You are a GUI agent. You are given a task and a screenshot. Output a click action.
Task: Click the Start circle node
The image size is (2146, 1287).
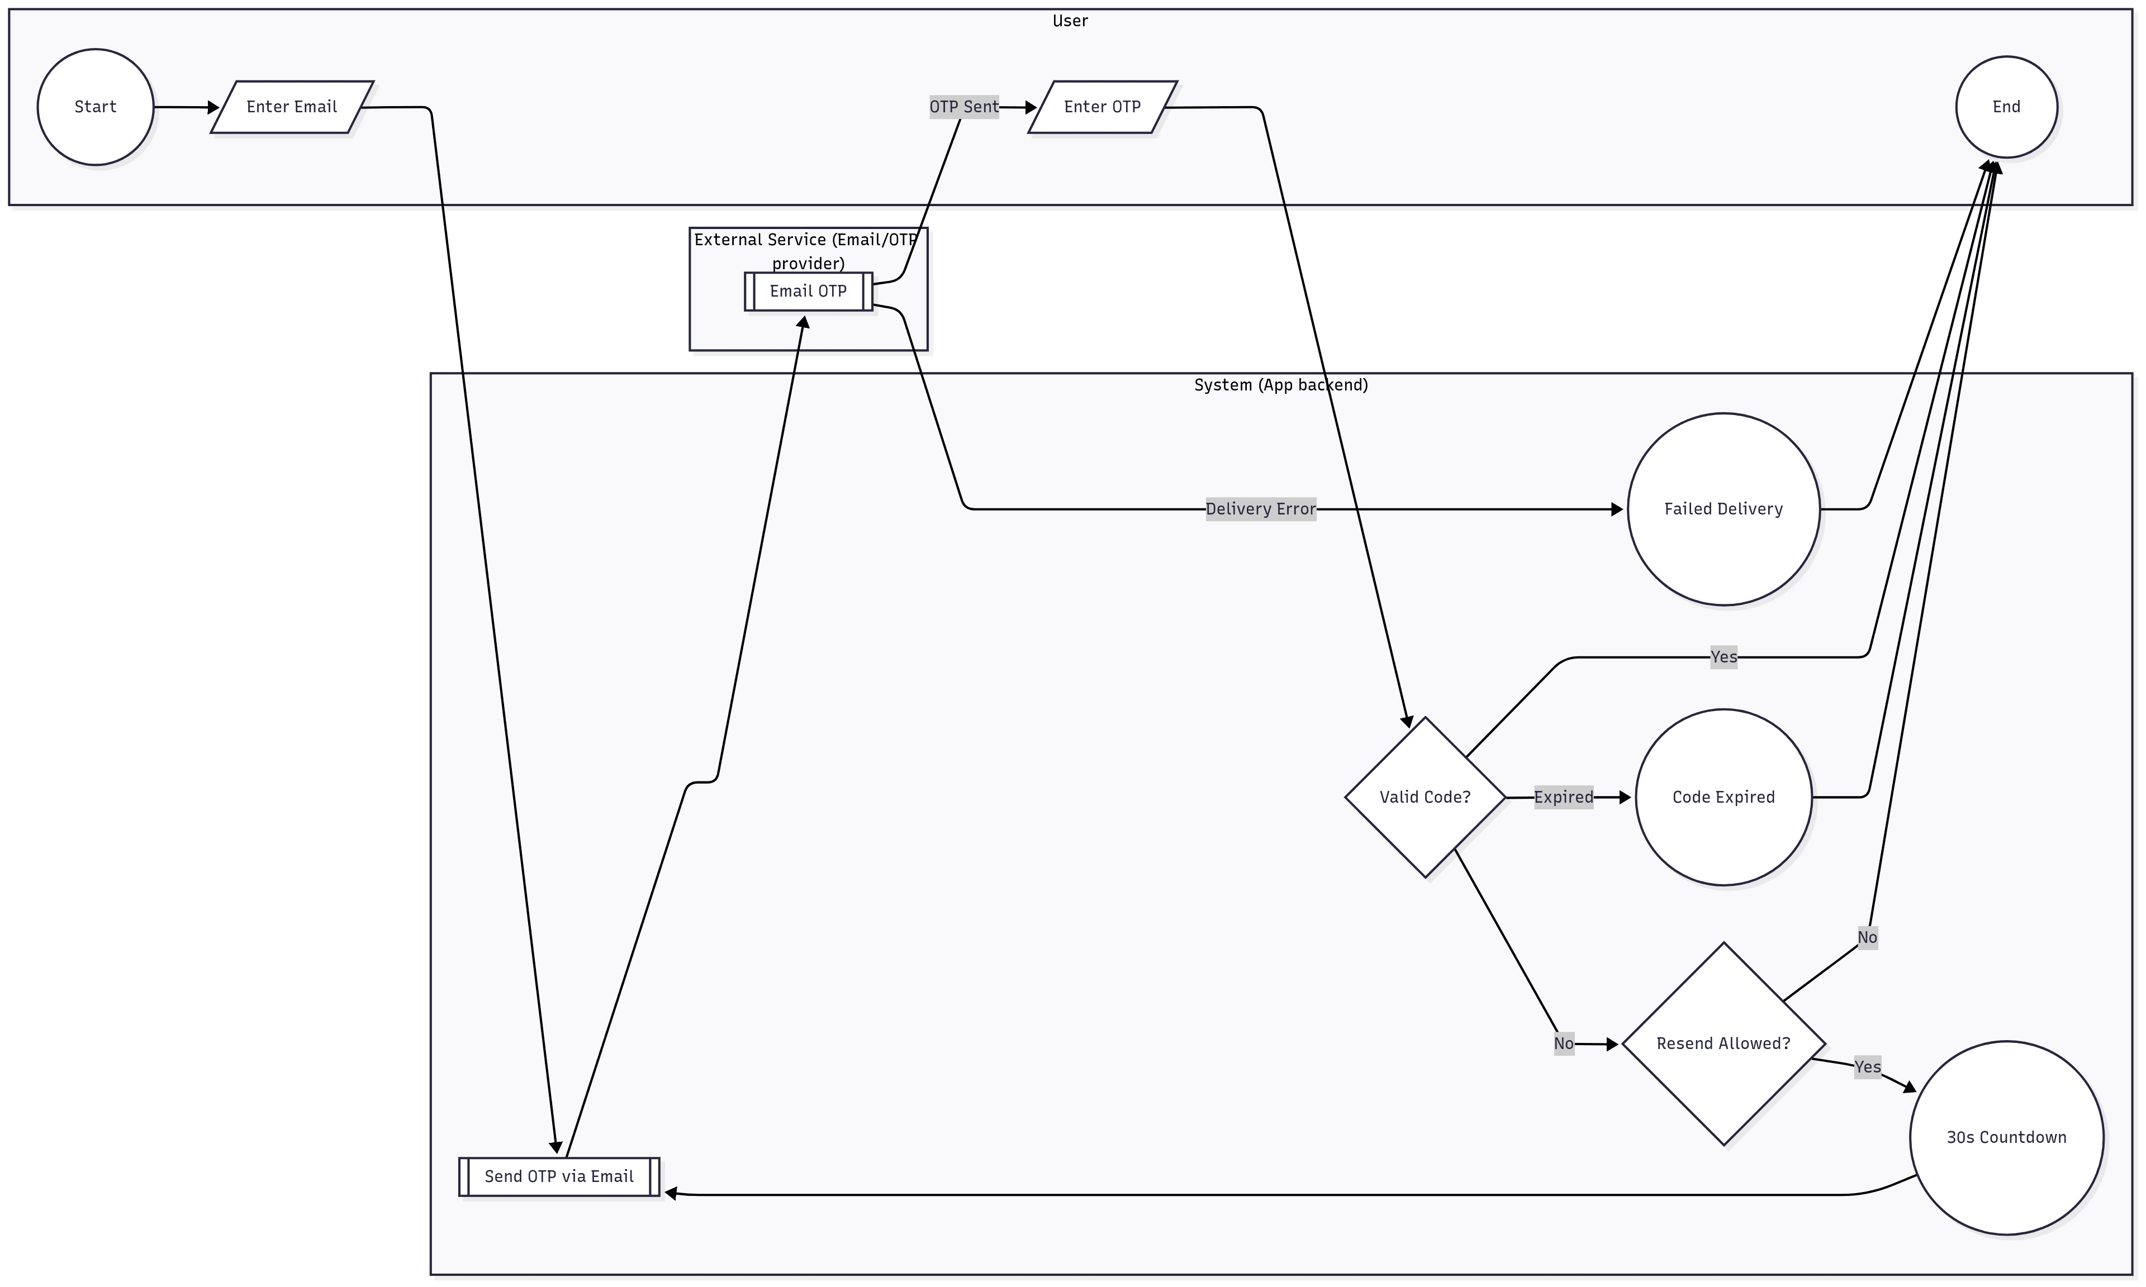click(x=96, y=107)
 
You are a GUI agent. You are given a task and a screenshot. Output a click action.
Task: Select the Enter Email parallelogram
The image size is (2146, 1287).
click(x=292, y=107)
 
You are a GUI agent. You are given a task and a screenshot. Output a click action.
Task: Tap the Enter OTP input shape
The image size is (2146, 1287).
click(x=1102, y=107)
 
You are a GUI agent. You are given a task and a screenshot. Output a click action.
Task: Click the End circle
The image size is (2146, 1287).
click(x=2006, y=107)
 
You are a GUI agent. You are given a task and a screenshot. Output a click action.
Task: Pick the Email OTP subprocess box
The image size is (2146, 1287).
click(x=808, y=292)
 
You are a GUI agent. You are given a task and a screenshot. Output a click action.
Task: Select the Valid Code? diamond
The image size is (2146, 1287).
click(x=1425, y=797)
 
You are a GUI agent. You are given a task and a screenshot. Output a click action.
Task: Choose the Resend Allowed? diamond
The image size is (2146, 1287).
click(x=1723, y=1043)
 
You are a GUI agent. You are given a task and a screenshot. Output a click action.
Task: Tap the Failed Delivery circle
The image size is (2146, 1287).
click(x=1723, y=509)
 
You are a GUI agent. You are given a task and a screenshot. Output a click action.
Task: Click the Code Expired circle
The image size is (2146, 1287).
click(x=1723, y=797)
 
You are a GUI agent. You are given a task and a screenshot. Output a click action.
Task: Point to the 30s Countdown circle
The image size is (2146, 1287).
click(x=2006, y=1137)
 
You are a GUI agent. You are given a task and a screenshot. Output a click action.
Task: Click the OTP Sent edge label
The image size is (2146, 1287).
click(x=963, y=107)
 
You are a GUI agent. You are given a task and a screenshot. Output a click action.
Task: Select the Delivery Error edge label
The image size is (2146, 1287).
click(x=1260, y=509)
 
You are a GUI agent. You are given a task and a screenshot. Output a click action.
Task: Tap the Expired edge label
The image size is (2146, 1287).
click(x=1563, y=797)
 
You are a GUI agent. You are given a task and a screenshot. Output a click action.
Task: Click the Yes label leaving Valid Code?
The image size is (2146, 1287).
click(x=1723, y=656)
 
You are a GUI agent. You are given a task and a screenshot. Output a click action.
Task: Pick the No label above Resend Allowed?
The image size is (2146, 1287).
click(x=1867, y=937)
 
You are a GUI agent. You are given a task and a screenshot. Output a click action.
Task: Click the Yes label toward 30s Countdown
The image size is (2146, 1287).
click(x=1867, y=1067)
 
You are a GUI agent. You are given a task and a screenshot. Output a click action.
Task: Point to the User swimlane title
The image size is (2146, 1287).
click(x=1070, y=21)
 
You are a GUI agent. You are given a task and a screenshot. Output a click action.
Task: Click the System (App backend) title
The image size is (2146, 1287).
click(x=1280, y=385)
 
